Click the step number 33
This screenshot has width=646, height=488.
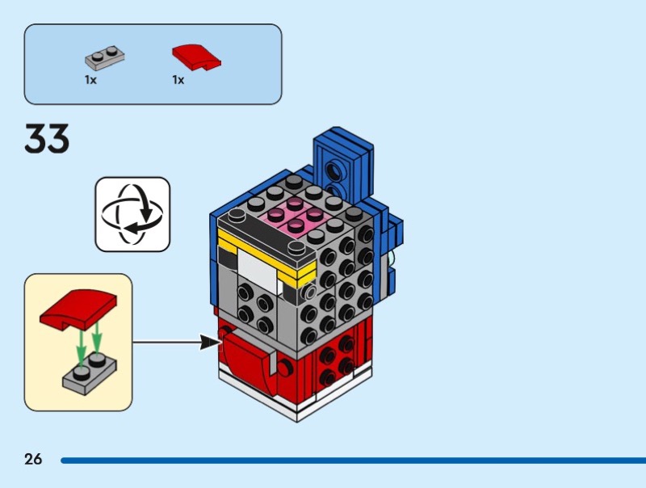click(47, 139)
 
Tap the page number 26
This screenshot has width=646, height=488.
click(33, 459)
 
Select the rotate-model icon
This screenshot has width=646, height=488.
click(132, 214)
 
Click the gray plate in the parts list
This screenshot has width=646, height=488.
click(105, 59)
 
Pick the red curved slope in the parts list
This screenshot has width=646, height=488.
click(196, 57)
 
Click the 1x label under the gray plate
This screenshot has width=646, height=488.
click(90, 80)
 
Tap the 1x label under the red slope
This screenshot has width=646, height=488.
click(178, 80)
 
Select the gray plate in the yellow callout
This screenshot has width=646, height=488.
click(89, 372)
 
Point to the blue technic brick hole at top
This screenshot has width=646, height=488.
click(333, 170)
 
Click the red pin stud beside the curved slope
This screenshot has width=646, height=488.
click(285, 368)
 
